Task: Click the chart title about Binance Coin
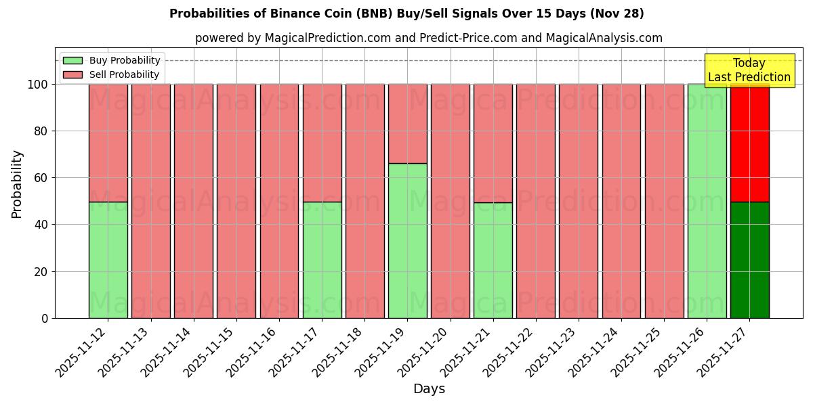tap(406, 14)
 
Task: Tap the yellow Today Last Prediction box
tap(749, 70)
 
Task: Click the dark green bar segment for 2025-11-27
tap(749, 260)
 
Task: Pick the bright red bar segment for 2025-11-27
tap(749, 143)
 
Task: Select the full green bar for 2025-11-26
tap(707, 201)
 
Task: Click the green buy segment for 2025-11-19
tap(407, 240)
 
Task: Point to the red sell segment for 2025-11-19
tap(407, 124)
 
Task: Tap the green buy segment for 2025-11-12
tap(108, 260)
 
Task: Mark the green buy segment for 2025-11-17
tap(322, 260)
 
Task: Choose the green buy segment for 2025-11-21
tap(493, 261)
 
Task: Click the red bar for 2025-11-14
tap(193, 201)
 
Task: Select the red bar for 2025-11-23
tap(578, 201)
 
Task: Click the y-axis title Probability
tap(17, 184)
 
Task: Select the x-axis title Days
tap(429, 389)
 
